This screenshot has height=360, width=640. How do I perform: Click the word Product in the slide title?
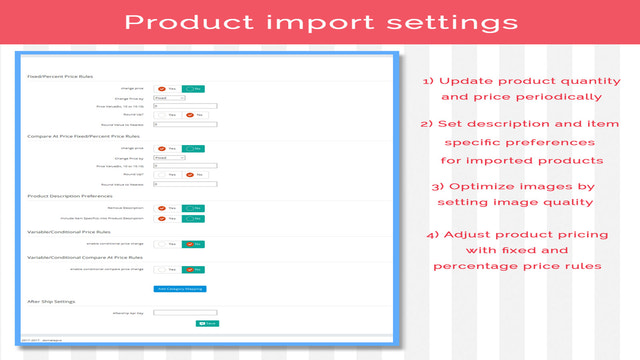coord(215,23)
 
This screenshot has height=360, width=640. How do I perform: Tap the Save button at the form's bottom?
coord(207,323)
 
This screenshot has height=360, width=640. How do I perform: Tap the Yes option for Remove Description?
coord(167,208)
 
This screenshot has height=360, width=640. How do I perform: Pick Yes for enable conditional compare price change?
coord(167,269)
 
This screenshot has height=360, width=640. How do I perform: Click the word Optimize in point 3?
coord(483,185)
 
